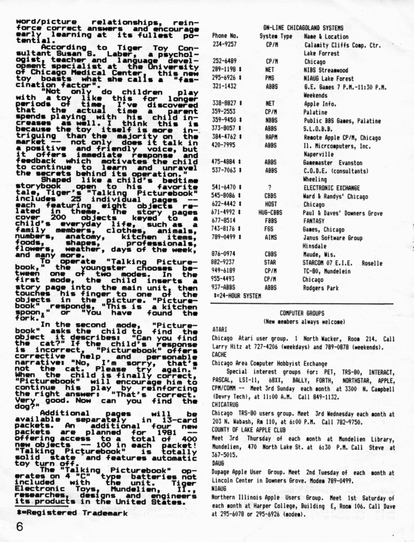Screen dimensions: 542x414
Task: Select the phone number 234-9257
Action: point(225,45)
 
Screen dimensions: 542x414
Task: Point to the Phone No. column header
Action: point(225,36)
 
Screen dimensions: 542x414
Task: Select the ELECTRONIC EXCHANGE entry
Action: point(332,188)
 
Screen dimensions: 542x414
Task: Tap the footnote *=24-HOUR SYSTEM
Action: point(237,295)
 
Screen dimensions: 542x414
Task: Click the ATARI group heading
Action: point(220,330)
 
